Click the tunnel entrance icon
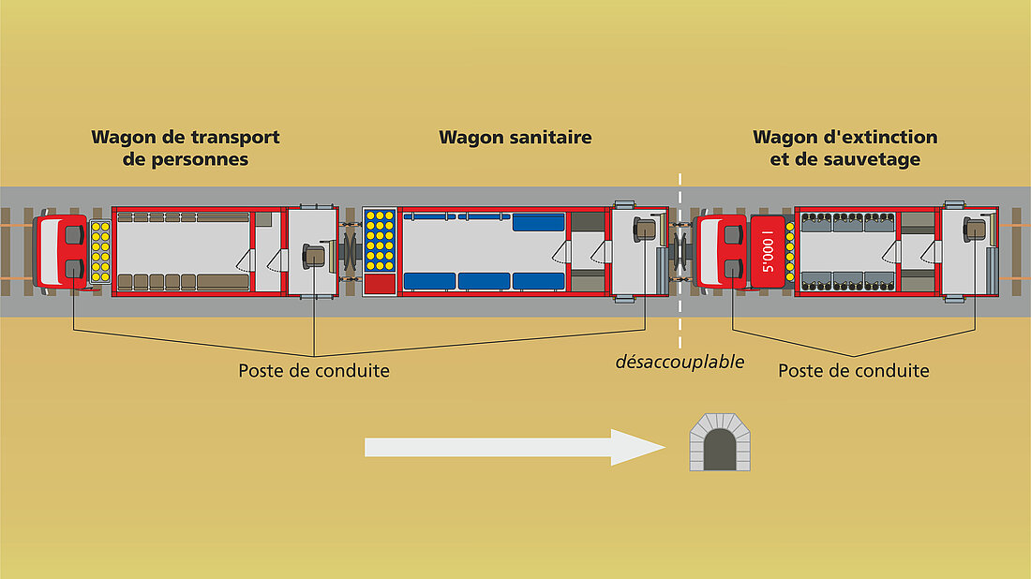719,443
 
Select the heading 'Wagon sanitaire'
515,138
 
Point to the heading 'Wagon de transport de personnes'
185,148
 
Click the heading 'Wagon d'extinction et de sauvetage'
844,148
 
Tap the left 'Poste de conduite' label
313,371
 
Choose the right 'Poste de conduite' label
853,371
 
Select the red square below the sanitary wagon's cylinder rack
380,284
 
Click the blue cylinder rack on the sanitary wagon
380,240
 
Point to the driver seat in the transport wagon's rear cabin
314,255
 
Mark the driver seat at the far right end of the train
974,229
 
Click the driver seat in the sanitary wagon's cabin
645,229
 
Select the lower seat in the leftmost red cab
73,271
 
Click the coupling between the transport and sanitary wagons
351,251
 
